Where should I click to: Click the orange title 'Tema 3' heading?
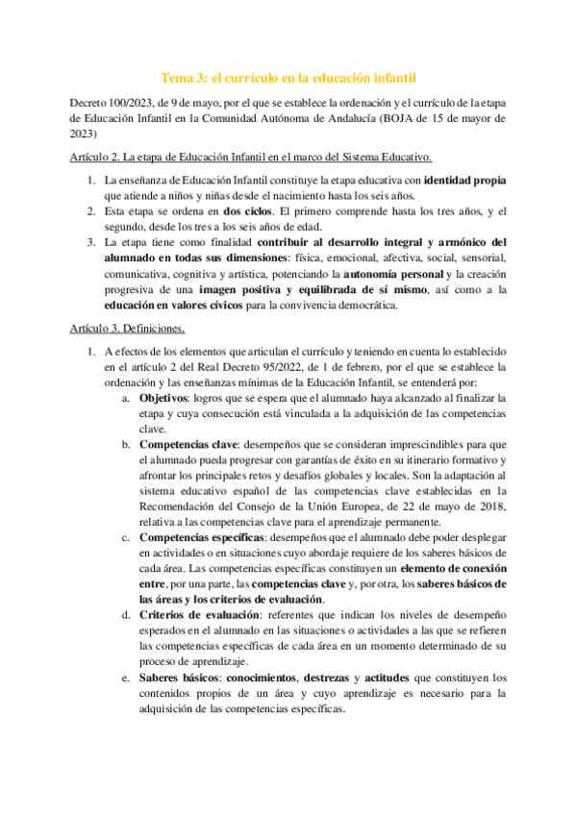pos(288,76)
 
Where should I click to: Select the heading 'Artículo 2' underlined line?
pos(251,158)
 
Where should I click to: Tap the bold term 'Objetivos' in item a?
pos(164,396)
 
